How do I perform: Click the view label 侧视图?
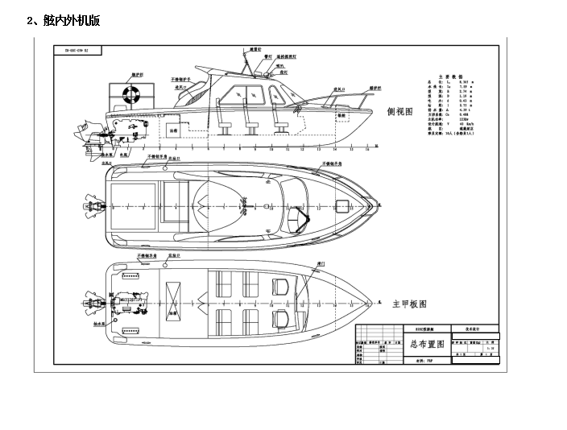point(401,112)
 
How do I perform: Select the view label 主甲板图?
point(408,304)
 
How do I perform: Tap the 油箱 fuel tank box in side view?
point(174,129)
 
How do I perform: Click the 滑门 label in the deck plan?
point(321,264)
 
